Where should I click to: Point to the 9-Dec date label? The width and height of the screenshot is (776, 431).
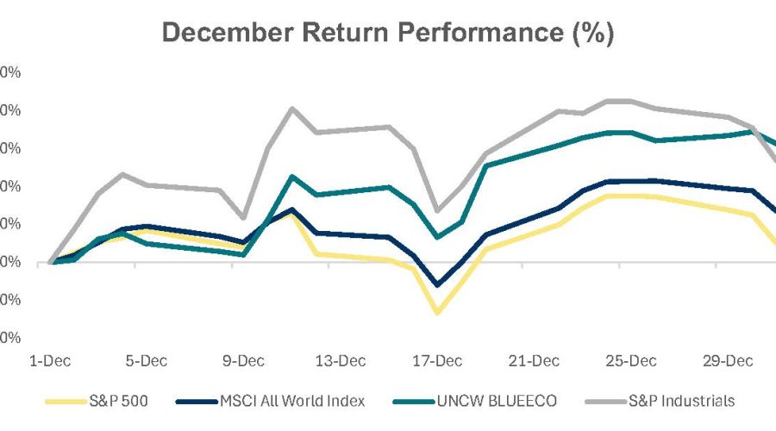tap(243, 359)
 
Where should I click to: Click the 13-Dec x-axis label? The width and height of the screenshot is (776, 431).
tap(340, 359)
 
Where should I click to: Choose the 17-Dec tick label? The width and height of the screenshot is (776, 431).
tap(436, 359)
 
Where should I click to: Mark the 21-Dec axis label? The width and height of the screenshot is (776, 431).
tap(533, 359)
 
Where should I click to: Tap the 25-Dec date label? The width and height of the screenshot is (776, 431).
tap(629, 359)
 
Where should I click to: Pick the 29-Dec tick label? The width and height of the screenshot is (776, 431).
tap(726, 359)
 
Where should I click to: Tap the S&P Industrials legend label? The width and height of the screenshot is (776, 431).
tap(663, 400)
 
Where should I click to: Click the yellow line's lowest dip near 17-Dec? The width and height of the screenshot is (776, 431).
tap(437, 312)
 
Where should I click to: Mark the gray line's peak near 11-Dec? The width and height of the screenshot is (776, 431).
tap(291, 109)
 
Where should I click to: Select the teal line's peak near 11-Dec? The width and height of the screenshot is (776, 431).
tap(292, 177)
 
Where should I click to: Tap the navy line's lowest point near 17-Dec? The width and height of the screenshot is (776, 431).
tap(437, 285)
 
